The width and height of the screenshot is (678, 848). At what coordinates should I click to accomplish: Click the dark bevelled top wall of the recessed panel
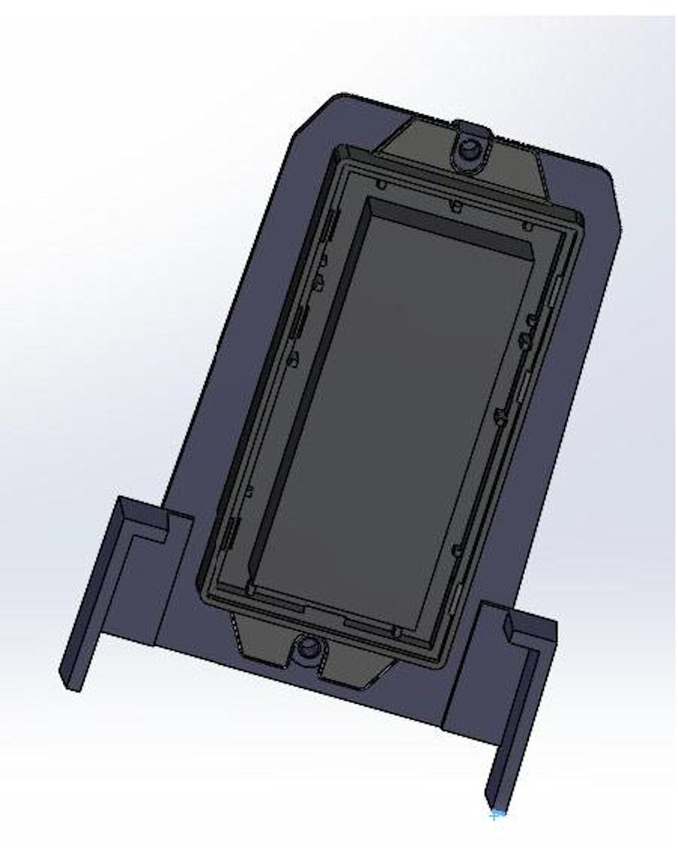click(452, 226)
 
